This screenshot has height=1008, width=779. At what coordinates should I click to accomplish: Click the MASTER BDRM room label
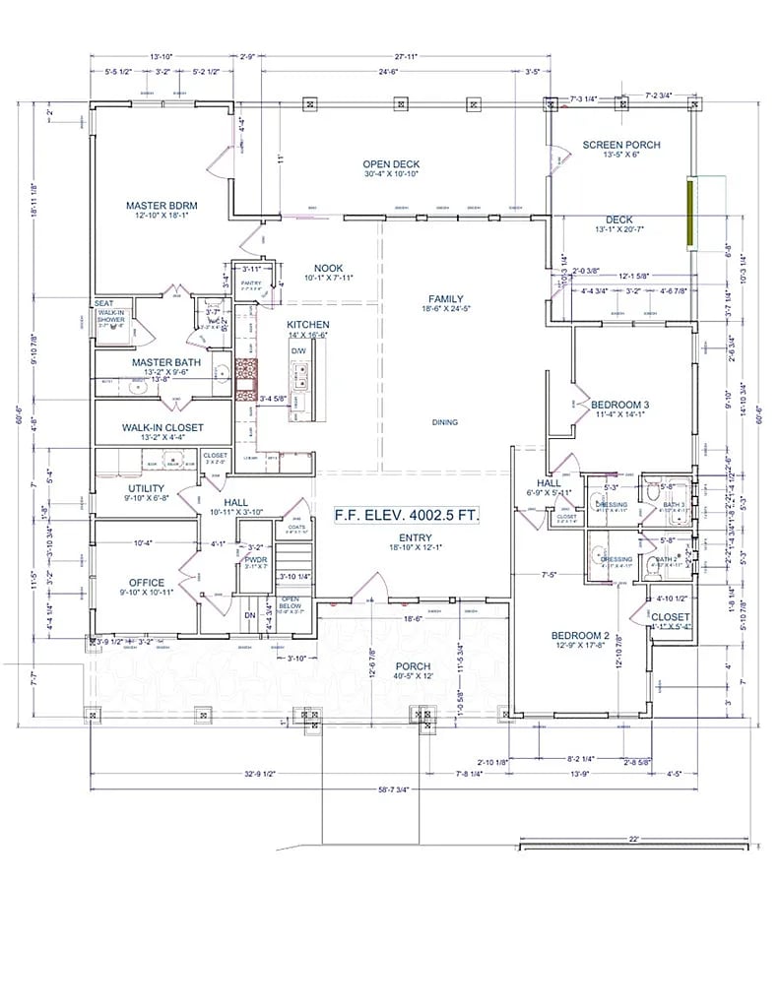coord(162,206)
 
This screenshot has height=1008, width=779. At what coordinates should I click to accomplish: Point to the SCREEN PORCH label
coord(620,145)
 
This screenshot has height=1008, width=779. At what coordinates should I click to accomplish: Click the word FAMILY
coord(445,299)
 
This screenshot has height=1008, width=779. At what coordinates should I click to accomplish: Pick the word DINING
coord(445,422)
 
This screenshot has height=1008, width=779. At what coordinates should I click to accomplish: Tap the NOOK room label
coord(328,268)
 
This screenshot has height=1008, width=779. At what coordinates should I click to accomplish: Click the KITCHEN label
coord(307,325)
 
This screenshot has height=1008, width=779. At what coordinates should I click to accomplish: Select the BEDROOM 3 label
coord(619,405)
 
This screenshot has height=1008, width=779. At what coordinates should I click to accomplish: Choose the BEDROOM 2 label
coord(581,635)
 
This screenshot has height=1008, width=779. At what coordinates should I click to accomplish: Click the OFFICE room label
coord(147,583)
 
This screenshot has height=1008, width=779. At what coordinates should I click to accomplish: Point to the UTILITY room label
coord(146,488)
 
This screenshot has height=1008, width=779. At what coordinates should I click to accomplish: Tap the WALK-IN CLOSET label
coord(162,427)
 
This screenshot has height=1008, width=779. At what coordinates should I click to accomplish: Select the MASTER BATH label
coord(166,362)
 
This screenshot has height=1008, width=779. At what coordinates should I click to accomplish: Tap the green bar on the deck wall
coord(691,214)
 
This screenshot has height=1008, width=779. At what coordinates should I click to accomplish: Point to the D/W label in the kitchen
coord(297,350)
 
